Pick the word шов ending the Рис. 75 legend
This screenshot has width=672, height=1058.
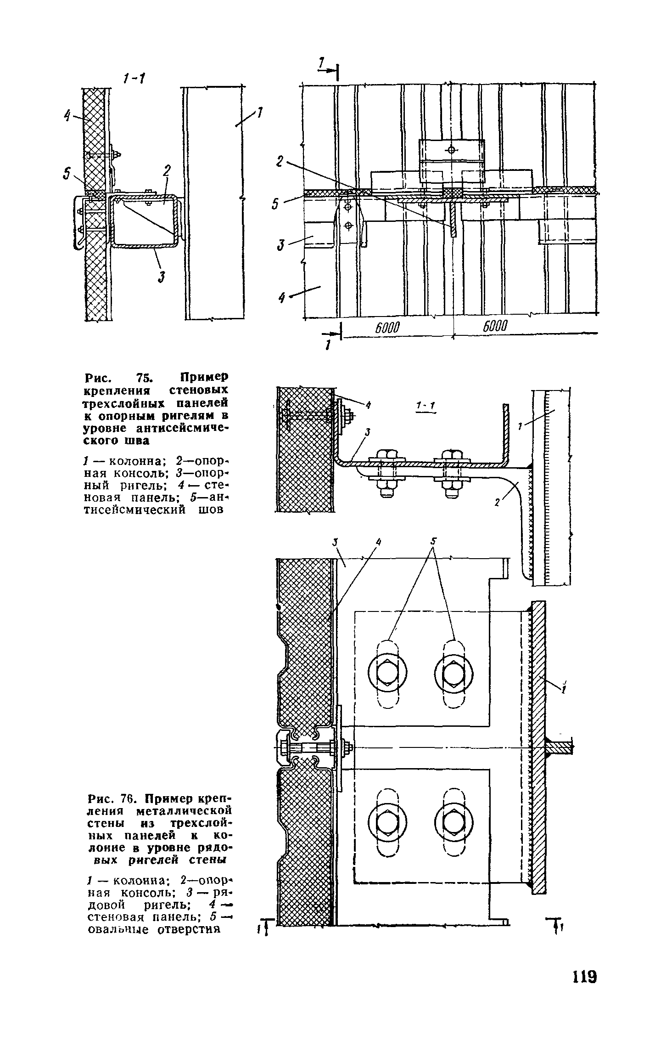pos(212,509)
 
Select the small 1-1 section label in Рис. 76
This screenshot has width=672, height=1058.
pos(425,405)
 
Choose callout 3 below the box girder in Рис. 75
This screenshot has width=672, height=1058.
pos(162,277)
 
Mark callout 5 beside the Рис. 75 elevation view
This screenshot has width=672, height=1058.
pos(275,204)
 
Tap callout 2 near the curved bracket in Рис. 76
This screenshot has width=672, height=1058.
pos(497,503)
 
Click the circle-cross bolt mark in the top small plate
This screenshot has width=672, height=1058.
pos(451,150)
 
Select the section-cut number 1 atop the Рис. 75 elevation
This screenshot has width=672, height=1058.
pos(322,62)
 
